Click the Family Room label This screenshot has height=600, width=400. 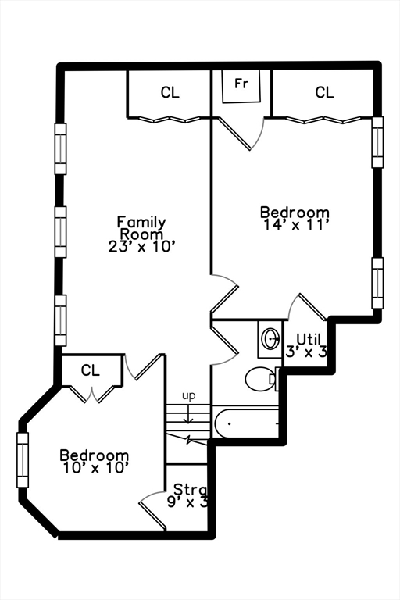pos(141,227)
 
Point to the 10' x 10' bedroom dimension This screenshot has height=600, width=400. pos(95,468)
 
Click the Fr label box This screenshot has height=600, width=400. pos(241,84)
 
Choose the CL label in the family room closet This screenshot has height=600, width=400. pos(170,93)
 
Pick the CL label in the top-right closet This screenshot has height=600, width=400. pos(324,93)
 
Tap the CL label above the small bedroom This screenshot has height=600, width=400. pos(91,370)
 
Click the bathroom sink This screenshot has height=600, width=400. pos(270,339)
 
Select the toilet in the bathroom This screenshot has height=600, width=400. pos(259,380)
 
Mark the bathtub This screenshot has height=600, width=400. pos(246,423)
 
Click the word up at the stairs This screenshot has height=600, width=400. pos(188,396)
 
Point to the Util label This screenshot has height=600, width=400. pos(309,339)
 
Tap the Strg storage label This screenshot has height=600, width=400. pos(189,490)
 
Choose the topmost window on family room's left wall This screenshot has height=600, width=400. pos(60,148)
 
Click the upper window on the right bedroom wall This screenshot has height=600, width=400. pos(377,142)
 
